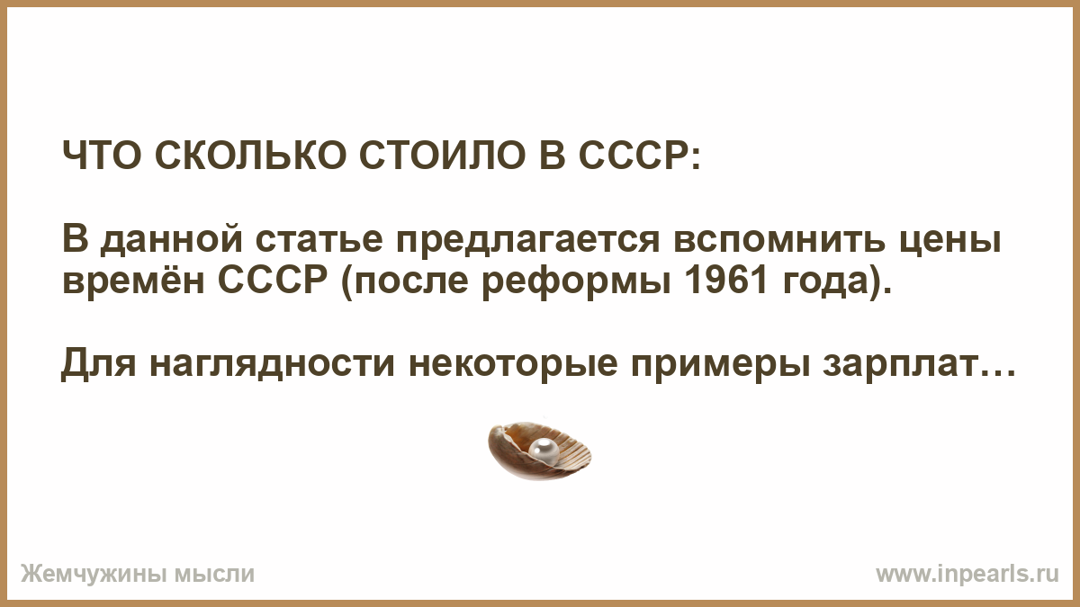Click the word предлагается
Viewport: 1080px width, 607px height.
pos(528,242)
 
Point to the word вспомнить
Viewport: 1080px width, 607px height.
pos(779,242)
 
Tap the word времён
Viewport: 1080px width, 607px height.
pos(134,281)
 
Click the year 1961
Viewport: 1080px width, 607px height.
pos(725,281)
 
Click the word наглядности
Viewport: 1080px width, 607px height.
pos(273,366)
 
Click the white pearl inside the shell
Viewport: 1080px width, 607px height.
pos(544,451)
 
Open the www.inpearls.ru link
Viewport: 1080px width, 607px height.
pos(967,575)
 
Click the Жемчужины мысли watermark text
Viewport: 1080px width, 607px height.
pos(138,575)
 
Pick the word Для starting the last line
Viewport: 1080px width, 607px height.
pos(99,365)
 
